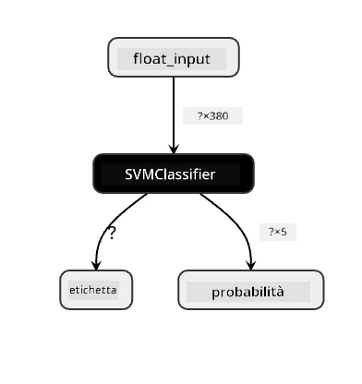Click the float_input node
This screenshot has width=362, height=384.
point(174,57)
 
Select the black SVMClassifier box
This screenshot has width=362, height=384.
point(174,174)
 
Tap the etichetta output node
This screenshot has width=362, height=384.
point(96,290)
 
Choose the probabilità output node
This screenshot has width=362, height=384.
point(251,290)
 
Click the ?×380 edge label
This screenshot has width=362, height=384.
point(212,116)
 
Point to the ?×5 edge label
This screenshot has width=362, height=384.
point(278,232)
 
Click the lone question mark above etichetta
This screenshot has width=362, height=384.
point(112,234)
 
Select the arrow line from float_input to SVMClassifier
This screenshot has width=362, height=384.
point(174,115)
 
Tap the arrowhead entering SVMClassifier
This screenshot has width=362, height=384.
point(174,149)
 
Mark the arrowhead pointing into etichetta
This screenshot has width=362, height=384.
point(96,265)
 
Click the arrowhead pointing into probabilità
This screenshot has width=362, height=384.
point(251,265)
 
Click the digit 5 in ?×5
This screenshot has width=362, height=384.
point(284,232)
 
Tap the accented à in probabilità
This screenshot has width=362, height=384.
point(280,292)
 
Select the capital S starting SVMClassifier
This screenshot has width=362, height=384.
point(128,174)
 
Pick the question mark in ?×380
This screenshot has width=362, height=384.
point(199,116)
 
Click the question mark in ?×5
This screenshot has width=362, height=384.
point(271,232)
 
